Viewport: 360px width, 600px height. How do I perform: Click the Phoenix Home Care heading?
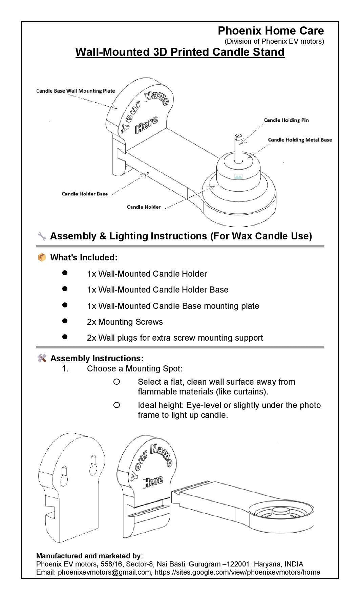(271, 31)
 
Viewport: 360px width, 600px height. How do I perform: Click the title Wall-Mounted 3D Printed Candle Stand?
(180, 52)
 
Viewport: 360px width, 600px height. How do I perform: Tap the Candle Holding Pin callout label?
(286, 120)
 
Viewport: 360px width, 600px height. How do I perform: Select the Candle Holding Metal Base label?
(300, 140)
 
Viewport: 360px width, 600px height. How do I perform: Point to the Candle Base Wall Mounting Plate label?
(76, 91)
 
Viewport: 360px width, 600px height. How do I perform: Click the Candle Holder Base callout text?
(85, 194)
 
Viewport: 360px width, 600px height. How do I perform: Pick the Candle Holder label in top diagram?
(144, 207)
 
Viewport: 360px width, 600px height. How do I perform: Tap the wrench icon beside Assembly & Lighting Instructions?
(42, 236)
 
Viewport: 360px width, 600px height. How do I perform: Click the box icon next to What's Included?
(42, 258)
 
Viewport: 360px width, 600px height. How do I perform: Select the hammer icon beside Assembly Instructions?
(42, 358)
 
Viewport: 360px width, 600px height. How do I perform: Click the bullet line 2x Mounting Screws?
(125, 322)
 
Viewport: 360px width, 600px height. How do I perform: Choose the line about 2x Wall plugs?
(175, 338)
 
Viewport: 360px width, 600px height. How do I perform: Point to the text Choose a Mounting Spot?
(134, 369)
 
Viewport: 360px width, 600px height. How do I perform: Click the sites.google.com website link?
(237, 572)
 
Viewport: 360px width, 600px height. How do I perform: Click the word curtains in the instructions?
(249, 392)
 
